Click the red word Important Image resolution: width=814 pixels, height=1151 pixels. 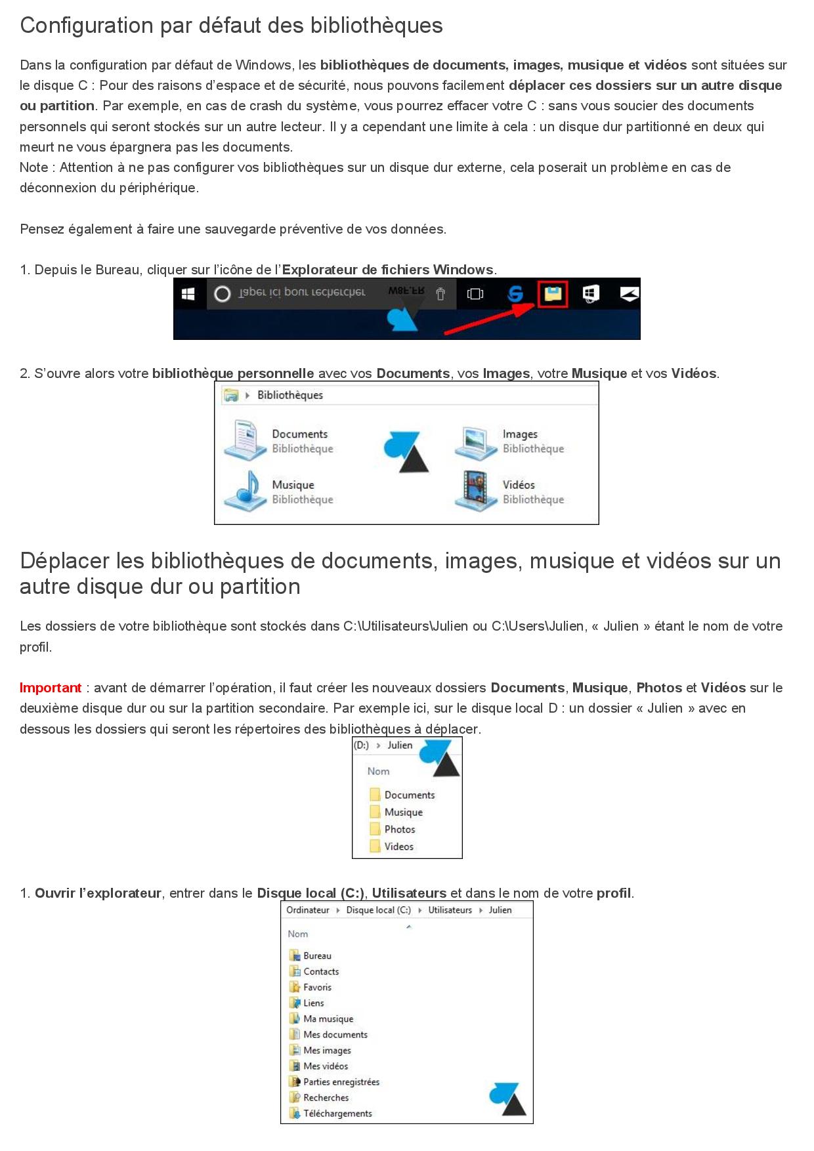click(x=51, y=688)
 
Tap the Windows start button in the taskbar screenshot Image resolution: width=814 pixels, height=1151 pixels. click(x=188, y=294)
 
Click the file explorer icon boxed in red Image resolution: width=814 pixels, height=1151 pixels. click(x=553, y=293)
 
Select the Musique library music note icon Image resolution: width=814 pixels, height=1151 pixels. click(x=244, y=492)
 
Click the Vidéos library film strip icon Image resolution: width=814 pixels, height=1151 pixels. click(x=475, y=491)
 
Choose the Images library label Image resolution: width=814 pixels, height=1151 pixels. click(x=520, y=434)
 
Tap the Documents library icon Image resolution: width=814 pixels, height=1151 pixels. click(x=244, y=440)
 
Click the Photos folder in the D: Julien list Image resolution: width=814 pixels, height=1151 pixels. click(x=399, y=829)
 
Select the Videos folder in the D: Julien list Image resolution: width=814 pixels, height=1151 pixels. click(x=398, y=847)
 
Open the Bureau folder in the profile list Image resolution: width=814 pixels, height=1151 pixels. click(x=316, y=956)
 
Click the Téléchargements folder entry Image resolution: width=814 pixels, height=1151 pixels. click(x=337, y=1114)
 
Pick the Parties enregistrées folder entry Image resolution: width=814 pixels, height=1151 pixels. click(x=341, y=1082)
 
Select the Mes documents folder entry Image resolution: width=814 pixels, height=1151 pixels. click(x=335, y=1035)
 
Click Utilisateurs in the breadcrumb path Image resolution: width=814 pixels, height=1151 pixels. click(x=450, y=910)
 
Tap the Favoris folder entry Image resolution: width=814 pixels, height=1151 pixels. click(x=317, y=988)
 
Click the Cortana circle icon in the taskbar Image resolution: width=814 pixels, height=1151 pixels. click(x=223, y=294)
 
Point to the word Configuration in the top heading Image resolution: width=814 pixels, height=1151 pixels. click(x=86, y=26)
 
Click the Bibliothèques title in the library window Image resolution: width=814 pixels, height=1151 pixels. click(x=290, y=395)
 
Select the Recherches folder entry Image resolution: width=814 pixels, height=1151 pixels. click(x=326, y=1098)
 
